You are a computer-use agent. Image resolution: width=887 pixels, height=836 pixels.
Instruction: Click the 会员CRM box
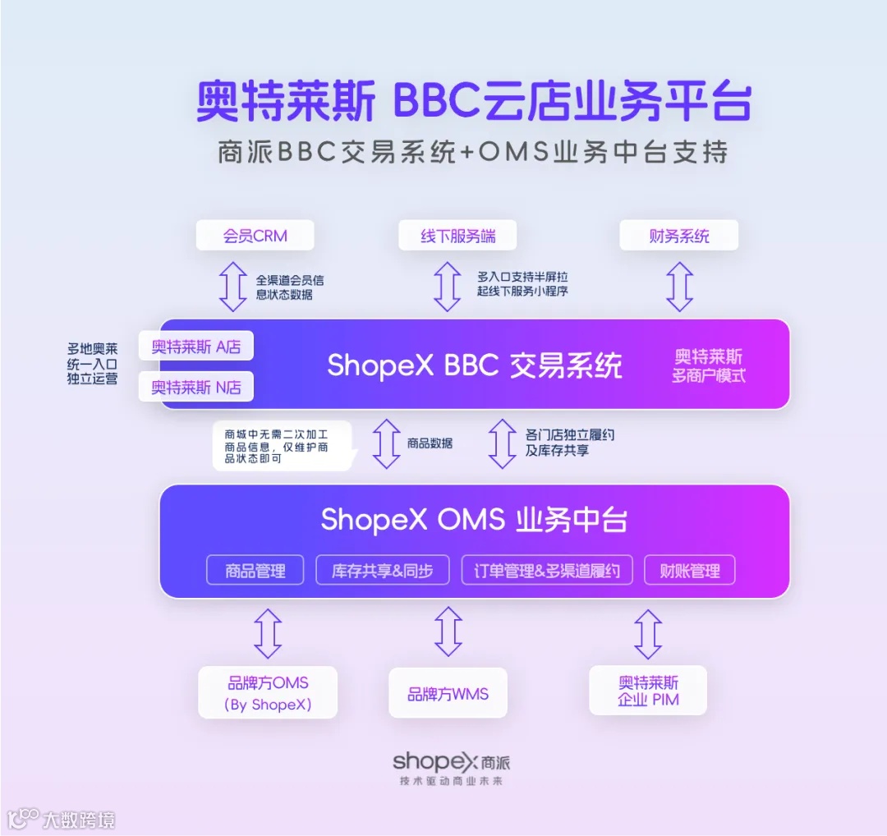255,236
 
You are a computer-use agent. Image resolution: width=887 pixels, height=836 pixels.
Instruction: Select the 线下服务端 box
458,236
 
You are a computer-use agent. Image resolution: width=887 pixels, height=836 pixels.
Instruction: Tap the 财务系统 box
678,236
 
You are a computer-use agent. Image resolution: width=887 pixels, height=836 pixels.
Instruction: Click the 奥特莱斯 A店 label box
195,347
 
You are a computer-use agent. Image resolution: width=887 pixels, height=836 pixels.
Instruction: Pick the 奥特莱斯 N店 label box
195,387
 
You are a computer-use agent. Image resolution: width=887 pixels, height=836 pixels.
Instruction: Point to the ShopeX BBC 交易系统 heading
475,365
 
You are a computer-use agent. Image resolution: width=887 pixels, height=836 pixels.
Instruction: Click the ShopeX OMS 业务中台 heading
475,520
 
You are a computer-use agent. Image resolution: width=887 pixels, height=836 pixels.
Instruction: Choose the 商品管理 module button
255,571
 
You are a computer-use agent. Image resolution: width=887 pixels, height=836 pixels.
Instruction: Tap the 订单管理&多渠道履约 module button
547,571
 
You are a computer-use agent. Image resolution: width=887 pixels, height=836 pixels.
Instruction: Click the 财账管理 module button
689,571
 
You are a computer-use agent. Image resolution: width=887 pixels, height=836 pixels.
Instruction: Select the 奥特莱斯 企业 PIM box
648,691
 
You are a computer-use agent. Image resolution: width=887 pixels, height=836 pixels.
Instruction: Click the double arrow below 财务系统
679,287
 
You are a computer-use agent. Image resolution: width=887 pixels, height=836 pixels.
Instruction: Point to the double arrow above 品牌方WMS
448,631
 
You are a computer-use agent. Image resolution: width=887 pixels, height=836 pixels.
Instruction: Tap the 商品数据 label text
430,443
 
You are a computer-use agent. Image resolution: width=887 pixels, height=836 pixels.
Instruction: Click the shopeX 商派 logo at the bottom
451,761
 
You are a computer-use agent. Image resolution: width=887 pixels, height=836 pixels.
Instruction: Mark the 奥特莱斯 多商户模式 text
708,366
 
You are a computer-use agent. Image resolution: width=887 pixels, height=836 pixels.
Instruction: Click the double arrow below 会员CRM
233,287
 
